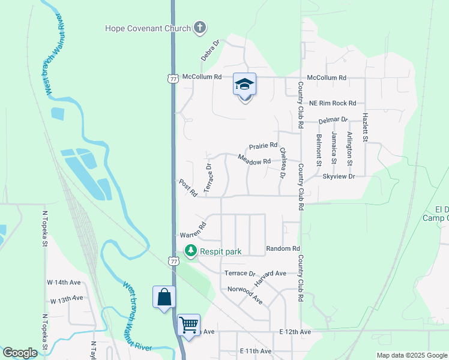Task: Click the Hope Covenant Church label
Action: pos(148,28)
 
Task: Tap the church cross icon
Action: pos(200,28)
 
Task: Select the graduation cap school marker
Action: pos(244,85)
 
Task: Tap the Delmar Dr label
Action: pos(333,121)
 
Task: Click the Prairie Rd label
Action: pos(264,146)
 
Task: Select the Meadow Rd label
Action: pos(254,160)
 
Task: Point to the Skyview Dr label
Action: pos(339,176)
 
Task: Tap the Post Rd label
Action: pos(188,187)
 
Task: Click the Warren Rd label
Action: pos(193,230)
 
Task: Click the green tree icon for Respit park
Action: pos(190,251)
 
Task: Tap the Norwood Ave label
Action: pos(245,293)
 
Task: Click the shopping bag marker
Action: pos(164,297)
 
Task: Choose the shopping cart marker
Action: pos(189,325)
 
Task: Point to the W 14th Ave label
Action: pos(65,282)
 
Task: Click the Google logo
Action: pos(20,353)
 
